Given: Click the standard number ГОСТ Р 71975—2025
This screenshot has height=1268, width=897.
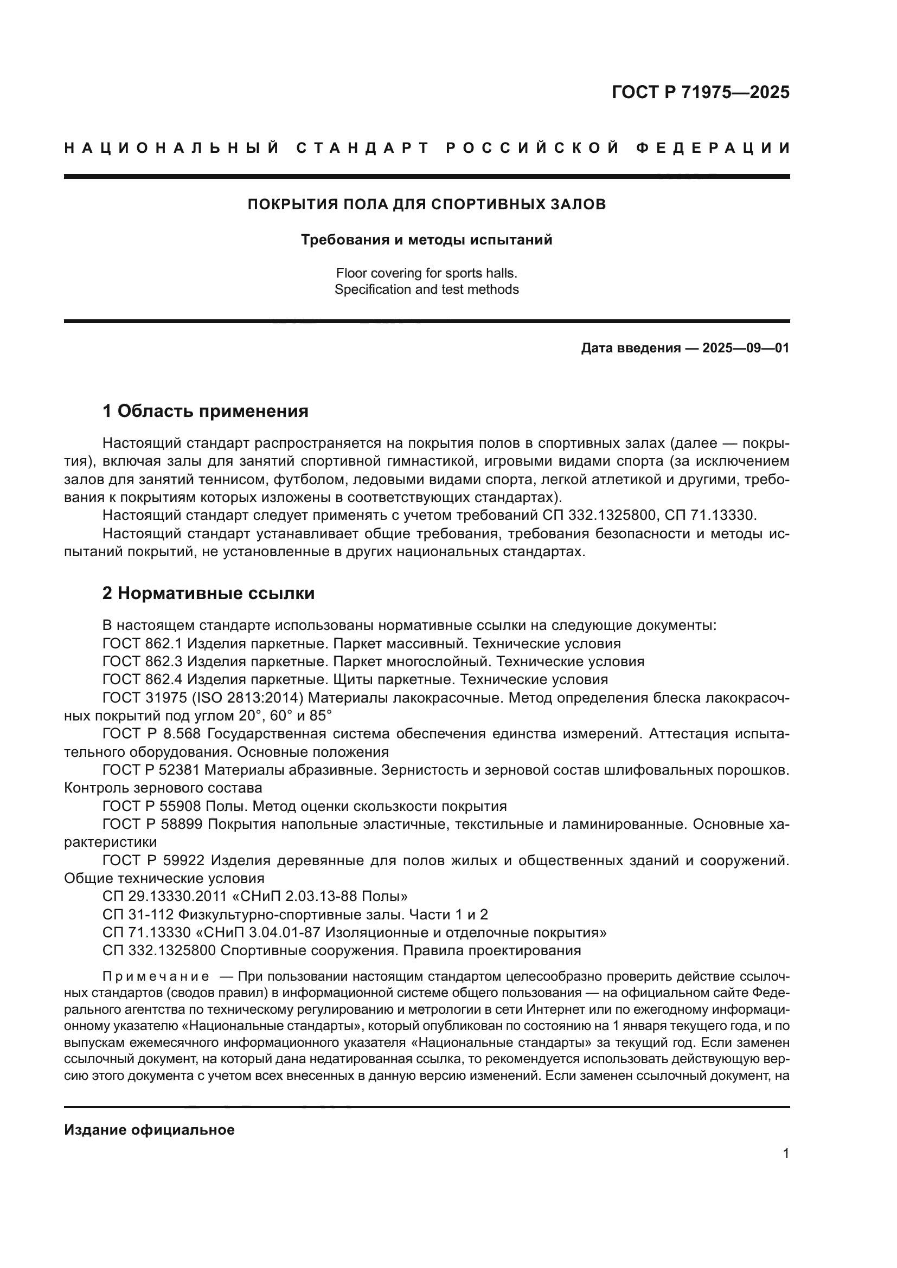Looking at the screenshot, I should (x=700, y=92).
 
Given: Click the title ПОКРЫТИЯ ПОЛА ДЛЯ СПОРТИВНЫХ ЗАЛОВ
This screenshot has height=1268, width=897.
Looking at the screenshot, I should (x=426, y=204).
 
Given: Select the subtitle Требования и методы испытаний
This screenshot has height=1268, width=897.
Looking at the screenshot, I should (x=426, y=240).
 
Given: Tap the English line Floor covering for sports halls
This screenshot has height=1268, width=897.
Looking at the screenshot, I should (x=426, y=273).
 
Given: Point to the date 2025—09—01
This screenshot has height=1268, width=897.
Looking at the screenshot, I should (x=746, y=349).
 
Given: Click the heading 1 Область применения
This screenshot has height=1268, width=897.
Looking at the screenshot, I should (x=205, y=411).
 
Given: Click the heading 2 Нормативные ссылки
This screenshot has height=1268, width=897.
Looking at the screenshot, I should (x=208, y=594).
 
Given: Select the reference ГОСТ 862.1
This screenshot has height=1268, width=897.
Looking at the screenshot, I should (x=143, y=643).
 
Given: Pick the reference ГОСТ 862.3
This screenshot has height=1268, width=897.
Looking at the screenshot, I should (x=143, y=661).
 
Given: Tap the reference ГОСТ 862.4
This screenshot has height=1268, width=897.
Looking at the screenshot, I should (x=143, y=679).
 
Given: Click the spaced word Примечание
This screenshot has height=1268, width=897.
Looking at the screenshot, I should (x=156, y=976).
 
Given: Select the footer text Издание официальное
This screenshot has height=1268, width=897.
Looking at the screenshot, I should (x=149, y=1130).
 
